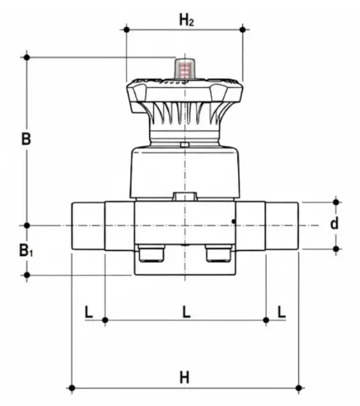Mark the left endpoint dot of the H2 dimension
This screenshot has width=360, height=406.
click(125, 29)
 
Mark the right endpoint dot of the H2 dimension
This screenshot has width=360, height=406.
click(243, 29)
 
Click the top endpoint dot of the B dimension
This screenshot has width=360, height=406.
click(27, 56)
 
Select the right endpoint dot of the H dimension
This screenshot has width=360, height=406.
click(301, 387)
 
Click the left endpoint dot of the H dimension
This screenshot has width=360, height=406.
click(70, 387)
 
